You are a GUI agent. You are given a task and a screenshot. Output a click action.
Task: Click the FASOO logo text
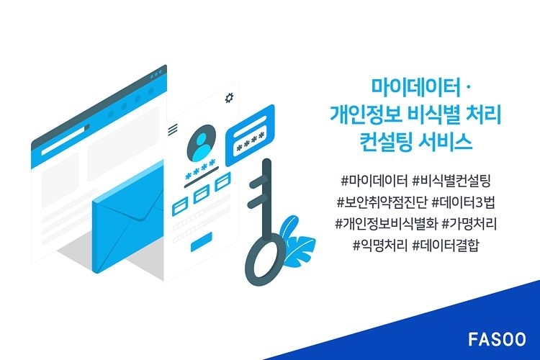coord(497,339)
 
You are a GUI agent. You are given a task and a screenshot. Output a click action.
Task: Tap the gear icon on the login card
coord(230,97)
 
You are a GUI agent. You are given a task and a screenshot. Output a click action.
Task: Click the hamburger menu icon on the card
coord(173,129)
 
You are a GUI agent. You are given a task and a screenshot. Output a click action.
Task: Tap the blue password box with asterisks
coord(250,135)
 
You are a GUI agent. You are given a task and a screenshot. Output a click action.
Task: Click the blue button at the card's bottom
coord(202,241)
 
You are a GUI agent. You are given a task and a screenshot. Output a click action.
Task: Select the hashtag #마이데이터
coord(374,181)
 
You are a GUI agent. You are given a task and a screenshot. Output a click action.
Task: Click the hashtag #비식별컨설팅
coord(451,181)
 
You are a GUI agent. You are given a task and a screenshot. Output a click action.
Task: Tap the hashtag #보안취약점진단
coord(382,202)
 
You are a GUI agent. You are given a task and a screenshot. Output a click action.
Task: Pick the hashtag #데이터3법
coord(463,202)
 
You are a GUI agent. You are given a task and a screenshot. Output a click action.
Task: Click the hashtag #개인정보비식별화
coord(386,224)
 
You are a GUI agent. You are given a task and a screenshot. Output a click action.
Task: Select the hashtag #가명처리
coord(469,224)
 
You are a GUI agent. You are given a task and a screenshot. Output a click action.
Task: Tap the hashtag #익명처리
coord(380,246)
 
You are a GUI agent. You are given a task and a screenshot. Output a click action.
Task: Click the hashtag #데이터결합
coord(446,246)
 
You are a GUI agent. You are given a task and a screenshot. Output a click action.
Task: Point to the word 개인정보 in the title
coord(366,114)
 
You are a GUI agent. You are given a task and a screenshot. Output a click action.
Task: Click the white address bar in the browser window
coord(64,140)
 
